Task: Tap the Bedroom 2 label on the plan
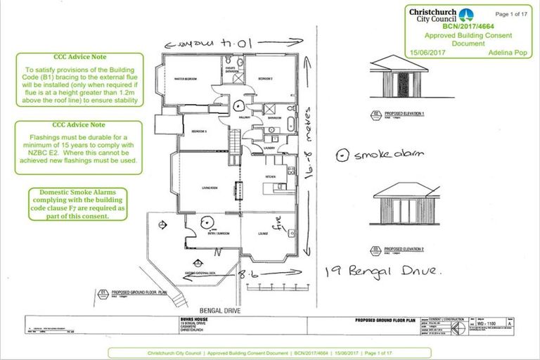pos(262,78)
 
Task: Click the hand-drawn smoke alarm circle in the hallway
pos(239,107)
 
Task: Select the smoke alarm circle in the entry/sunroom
pos(208,224)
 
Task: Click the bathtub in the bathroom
pos(291,127)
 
